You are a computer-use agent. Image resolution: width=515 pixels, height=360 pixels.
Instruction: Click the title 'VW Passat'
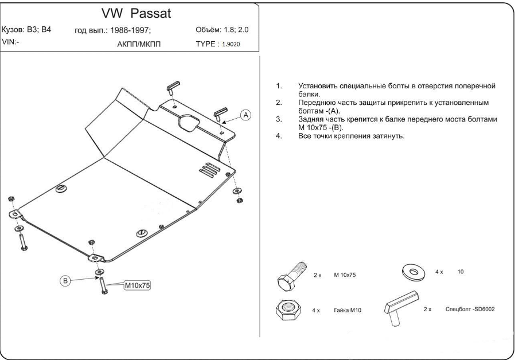pos(136,13)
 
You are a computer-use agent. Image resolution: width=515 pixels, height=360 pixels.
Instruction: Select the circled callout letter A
pos(245,115)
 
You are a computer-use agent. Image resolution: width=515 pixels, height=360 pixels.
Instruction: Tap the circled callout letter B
pos(65,281)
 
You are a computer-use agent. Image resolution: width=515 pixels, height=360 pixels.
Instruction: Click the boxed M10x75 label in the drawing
pos(137,285)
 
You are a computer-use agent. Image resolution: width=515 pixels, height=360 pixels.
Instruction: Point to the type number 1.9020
pos(231,44)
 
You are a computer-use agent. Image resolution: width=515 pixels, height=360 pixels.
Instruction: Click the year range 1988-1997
pos(130,30)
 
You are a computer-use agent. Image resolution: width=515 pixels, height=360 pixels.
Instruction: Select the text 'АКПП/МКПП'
pos(139,44)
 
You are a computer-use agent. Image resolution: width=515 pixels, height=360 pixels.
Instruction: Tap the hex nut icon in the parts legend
pos(288,310)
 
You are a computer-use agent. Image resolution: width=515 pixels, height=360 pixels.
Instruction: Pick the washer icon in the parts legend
pos(413,272)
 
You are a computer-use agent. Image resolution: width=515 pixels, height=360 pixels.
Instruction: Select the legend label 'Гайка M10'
pos(348,310)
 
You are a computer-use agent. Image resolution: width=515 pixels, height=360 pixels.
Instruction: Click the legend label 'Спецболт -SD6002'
pos(470,309)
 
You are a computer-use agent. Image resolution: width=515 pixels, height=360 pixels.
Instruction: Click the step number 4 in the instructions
pos(279,136)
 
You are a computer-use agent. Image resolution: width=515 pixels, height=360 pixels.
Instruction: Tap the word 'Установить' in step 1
pos(318,87)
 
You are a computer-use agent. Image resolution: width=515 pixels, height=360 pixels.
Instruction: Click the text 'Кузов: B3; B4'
pos(26,30)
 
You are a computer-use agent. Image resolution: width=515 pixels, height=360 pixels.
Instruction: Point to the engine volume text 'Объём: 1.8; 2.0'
pos(222,30)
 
